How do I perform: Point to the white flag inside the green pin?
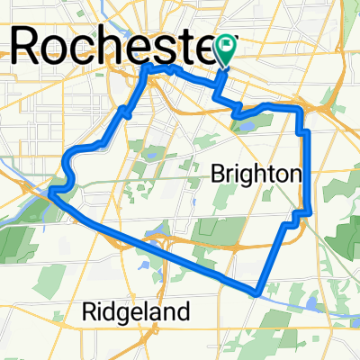(225, 43)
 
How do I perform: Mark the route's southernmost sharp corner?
(258, 292)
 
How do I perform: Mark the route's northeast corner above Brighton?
(301, 110)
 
